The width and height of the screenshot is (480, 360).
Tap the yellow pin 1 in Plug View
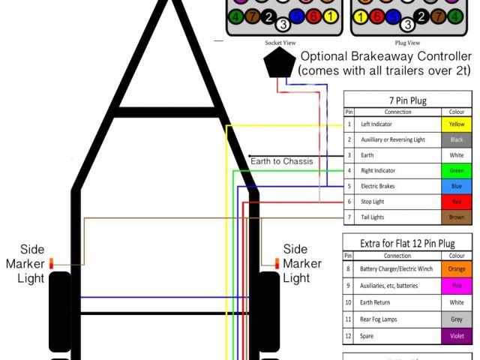[x=361, y=16]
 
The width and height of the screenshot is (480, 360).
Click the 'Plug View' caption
[x=407, y=43]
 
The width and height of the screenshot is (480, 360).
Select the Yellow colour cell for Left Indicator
[x=456, y=124]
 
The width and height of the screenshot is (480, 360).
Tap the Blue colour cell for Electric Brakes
[x=456, y=186]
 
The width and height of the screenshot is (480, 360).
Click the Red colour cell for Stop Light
[x=456, y=202]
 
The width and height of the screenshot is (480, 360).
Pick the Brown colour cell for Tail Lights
[x=456, y=217]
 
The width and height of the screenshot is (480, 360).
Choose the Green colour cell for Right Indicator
[x=456, y=170]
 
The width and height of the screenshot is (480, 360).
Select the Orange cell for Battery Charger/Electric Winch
[x=456, y=268]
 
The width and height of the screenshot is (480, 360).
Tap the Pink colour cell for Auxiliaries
[x=456, y=285]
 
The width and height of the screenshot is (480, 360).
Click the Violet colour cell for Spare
[x=456, y=335]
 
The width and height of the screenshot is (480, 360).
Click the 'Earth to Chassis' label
[x=281, y=160]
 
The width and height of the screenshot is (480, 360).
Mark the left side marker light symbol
[x=52, y=263]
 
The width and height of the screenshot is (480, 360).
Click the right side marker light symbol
[x=276, y=262]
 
